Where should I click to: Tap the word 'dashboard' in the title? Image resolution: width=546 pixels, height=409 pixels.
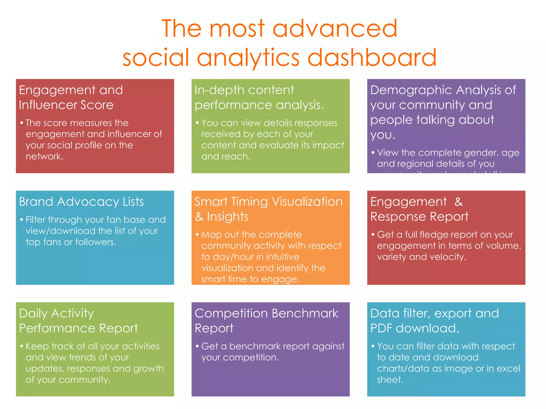coord(372,57)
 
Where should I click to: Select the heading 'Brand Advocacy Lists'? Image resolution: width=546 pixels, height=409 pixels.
coord(81,202)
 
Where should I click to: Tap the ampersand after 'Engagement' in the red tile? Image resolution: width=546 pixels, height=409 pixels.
coord(458,202)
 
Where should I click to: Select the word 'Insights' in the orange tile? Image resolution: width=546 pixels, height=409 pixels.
coord(227,217)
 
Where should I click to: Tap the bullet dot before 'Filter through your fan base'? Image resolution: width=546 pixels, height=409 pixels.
coord(22,220)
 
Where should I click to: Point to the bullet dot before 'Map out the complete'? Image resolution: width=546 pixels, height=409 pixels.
coord(197,235)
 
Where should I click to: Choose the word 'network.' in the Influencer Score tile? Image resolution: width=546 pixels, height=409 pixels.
coord(44,156)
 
